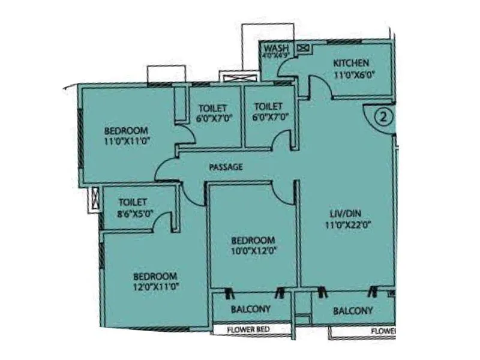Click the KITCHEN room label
pyautogui.click(x=351, y=64)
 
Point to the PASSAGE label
pyautogui.click(x=226, y=167)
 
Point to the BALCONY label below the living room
pyautogui.click(x=353, y=311)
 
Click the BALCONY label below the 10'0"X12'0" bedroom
pyautogui.click(x=251, y=310)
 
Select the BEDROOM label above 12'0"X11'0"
pyautogui.click(x=155, y=276)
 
